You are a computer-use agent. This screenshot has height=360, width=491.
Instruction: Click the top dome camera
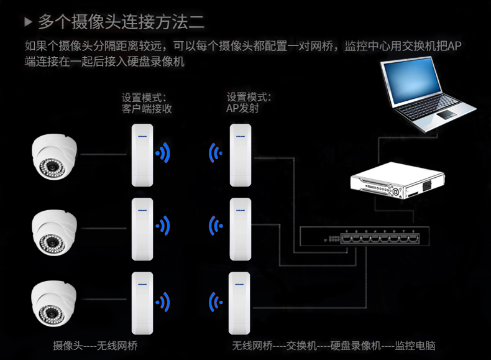[55, 156]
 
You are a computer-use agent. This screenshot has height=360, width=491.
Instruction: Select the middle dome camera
[55, 229]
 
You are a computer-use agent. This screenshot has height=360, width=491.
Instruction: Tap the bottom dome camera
[55, 303]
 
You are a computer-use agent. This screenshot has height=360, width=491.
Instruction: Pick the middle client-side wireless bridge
[142, 228]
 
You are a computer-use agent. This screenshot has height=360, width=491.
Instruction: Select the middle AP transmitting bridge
[241, 228]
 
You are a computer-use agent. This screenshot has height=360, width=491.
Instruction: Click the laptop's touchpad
[447, 116]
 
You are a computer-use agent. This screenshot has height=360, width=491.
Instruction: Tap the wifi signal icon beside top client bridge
[164, 152]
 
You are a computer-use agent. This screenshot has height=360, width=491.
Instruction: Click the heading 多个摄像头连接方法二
[121, 22]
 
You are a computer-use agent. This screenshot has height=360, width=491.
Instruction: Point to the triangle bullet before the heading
[27, 22]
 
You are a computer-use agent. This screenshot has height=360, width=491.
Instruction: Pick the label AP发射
[242, 109]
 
